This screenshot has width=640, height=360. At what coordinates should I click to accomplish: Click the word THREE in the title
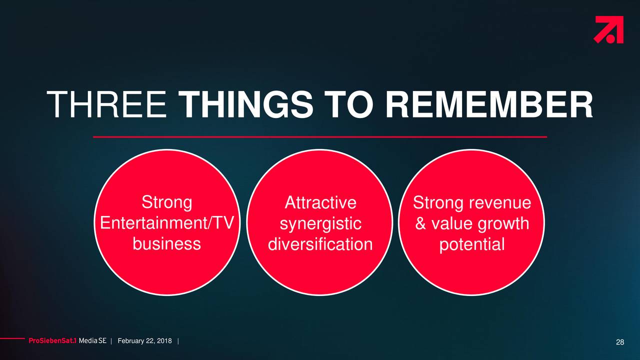click(106, 104)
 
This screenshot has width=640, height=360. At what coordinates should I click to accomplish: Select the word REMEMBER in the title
click(489, 104)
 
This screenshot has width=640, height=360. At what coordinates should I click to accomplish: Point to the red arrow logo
click(609, 29)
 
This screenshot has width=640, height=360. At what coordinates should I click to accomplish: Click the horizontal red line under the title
click(320, 137)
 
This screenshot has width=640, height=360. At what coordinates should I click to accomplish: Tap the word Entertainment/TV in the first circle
click(167, 223)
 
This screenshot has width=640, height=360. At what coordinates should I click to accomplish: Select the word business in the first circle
click(167, 244)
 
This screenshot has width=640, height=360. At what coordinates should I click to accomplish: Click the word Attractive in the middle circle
click(320, 202)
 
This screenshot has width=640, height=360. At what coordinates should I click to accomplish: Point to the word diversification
click(320, 244)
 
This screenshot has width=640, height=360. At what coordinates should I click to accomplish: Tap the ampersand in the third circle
click(420, 223)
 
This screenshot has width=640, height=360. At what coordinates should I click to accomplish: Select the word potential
click(472, 245)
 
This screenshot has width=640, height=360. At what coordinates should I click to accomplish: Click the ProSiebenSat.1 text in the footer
click(52, 341)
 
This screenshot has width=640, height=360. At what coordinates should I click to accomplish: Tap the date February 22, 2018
click(144, 341)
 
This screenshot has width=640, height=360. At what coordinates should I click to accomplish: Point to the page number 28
click(620, 342)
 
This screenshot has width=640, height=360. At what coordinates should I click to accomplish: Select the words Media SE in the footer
click(92, 341)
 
